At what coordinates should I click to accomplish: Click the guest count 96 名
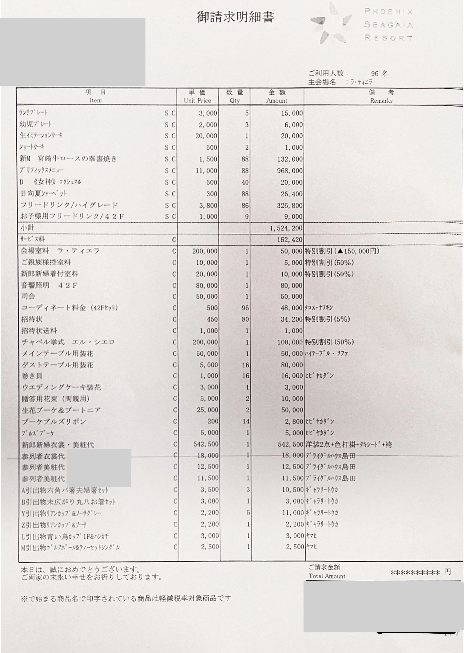point(379,74)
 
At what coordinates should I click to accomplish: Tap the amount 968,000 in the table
point(290,171)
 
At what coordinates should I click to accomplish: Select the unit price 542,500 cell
point(205,444)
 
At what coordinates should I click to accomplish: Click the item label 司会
point(28,296)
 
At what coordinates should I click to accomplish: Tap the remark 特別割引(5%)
point(327,319)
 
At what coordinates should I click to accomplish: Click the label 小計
point(27,228)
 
